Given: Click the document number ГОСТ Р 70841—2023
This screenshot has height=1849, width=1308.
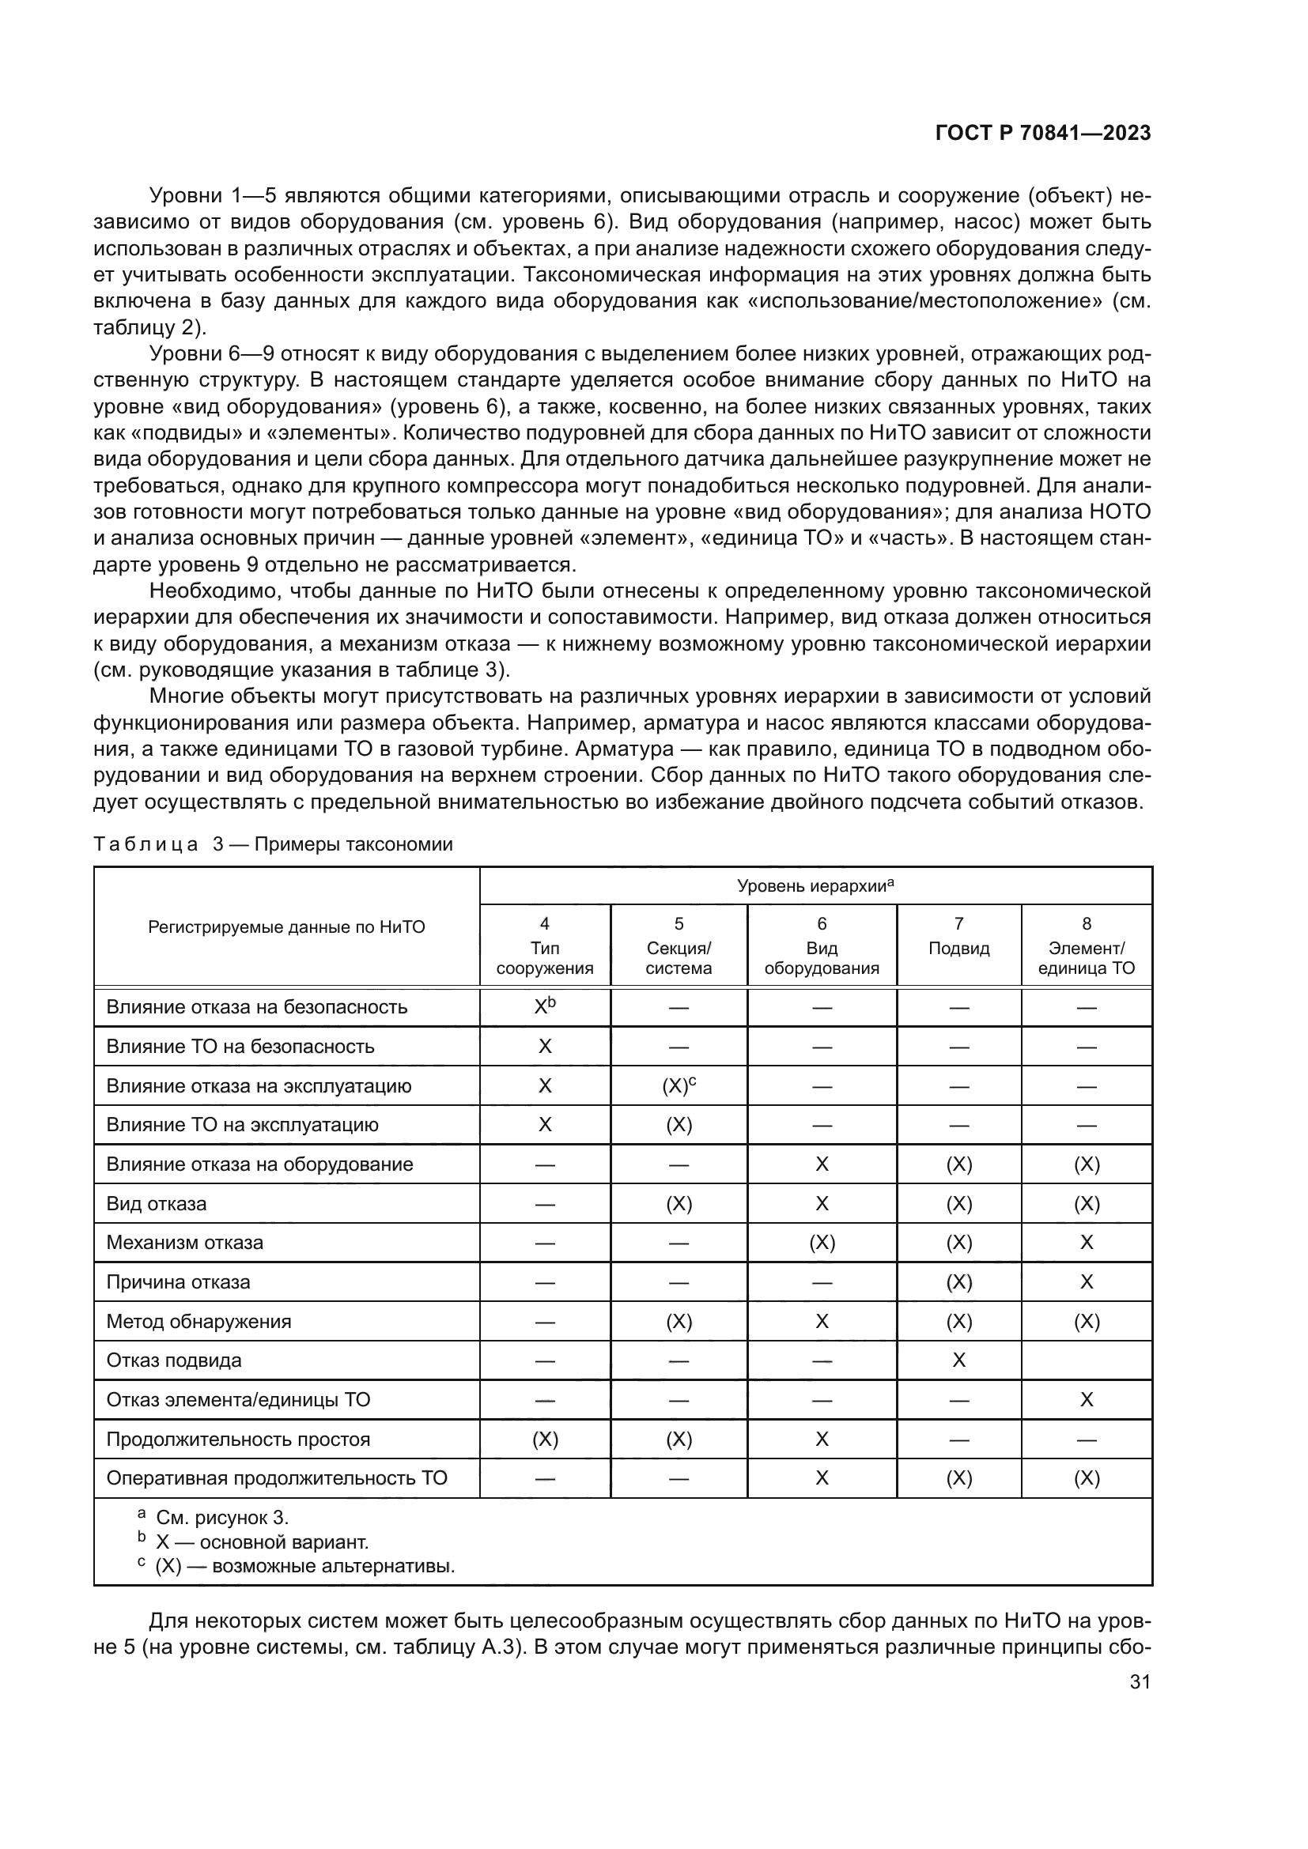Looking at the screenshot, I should click(x=1042, y=134).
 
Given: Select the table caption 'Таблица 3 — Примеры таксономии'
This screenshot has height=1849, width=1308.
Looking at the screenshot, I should click(x=273, y=844).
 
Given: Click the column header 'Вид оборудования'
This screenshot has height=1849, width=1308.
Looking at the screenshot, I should click(x=821, y=947).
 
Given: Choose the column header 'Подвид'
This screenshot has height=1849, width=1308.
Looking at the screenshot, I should click(x=958, y=948).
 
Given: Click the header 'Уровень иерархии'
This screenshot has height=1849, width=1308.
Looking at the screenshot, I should click(x=815, y=886).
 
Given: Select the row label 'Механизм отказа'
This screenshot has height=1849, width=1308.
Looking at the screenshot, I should click(x=184, y=1243).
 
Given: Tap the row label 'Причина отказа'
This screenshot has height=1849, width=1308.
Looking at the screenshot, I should click(x=178, y=1282).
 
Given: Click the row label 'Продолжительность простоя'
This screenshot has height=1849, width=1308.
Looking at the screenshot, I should click(x=237, y=1439).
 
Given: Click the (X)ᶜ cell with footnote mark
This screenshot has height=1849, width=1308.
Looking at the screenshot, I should click(x=679, y=1085).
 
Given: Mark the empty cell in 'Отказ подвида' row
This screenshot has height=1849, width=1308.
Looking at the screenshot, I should click(x=1086, y=1360).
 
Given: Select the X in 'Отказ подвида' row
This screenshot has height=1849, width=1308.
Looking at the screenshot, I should click(x=958, y=1360).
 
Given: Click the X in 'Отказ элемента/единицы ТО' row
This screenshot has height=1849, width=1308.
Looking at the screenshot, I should click(x=1086, y=1400).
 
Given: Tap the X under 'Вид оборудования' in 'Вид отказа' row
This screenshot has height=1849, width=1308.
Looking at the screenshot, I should click(x=821, y=1204).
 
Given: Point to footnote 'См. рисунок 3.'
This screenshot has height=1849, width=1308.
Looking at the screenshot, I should click(x=221, y=1518).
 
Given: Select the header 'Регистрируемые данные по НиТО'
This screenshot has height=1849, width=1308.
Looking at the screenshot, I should click(x=286, y=927).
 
